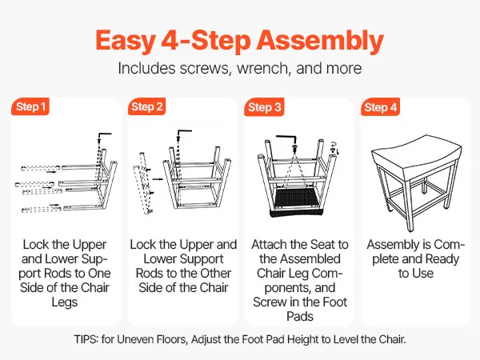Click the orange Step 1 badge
coord(30,106)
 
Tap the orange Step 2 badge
coord(146,106)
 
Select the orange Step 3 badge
coord(264,107)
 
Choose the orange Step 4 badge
coord(380,107)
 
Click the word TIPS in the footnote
coord(86,339)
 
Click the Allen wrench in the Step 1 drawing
coord(104,135)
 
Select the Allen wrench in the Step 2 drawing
coord(184,132)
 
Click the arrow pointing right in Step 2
coord(158,179)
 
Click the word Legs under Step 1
coord(65,302)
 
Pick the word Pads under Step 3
coord(300,316)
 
